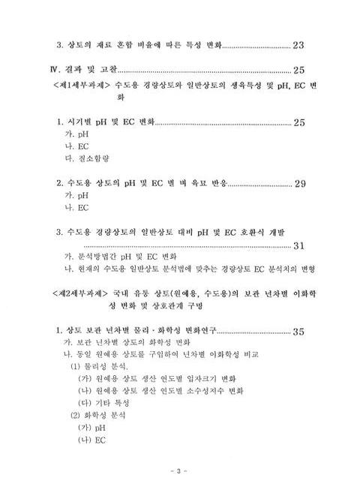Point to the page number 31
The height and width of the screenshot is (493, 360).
(298, 245)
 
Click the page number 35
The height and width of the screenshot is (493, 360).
(298, 332)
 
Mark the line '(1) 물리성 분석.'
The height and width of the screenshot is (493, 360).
(101, 366)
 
